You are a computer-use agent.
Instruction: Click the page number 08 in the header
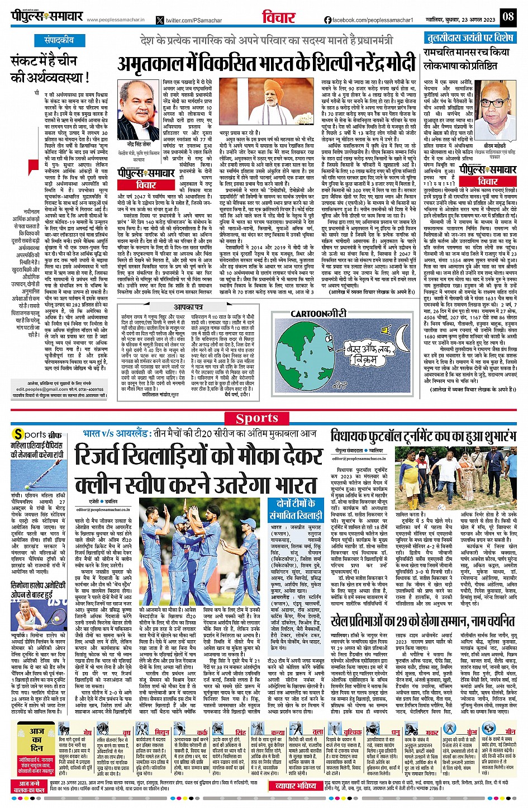tap(507, 16)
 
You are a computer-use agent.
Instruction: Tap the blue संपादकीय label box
tap(59, 40)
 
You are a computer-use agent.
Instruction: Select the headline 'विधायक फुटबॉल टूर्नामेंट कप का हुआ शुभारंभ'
tap(423, 436)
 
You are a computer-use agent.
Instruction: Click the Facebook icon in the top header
tap(328, 20)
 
